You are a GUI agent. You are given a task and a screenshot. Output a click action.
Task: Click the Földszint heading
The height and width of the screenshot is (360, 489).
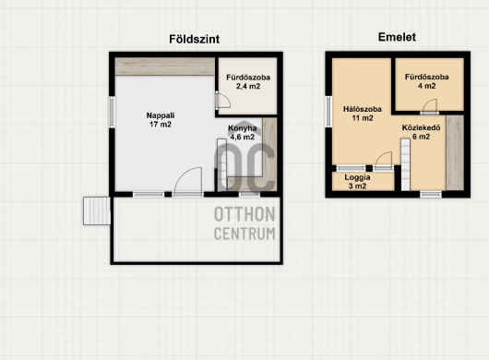[x=195, y=40]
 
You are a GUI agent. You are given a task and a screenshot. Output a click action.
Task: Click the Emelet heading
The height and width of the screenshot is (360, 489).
[x=397, y=37]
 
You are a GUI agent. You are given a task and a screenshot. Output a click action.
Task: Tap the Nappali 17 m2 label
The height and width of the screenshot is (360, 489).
[x=161, y=120]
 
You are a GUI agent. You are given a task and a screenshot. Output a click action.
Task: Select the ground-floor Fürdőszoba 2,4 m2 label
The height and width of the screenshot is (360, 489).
[x=248, y=82]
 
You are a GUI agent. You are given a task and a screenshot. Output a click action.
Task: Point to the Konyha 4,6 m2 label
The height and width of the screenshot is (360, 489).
[x=243, y=133]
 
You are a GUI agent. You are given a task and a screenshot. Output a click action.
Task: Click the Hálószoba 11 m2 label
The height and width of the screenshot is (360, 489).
[x=363, y=114]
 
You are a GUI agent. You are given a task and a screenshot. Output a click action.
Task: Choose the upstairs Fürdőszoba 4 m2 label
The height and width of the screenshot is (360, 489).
[x=426, y=81]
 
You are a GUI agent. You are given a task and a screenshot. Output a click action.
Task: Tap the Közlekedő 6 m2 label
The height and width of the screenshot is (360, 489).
[x=421, y=132]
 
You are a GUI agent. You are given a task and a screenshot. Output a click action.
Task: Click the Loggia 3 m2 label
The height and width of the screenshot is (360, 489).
[x=357, y=182]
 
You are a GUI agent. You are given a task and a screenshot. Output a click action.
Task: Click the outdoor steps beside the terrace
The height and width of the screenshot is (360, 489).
[x=97, y=210]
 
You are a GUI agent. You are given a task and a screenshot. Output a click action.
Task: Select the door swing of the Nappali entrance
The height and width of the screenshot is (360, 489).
[x=187, y=182]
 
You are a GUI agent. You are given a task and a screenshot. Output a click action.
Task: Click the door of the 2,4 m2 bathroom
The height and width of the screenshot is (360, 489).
[x=222, y=101]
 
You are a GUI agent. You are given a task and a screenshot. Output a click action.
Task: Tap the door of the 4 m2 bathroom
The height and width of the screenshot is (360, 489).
[x=429, y=107]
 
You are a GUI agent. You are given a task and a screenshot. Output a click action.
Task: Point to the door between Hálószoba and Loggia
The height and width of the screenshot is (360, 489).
[x=383, y=162]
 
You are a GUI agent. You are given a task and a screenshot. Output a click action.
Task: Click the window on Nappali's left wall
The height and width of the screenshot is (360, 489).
[x=112, y=112]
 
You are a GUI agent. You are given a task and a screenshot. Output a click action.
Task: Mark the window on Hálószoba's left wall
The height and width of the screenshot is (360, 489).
[x=328, y=112]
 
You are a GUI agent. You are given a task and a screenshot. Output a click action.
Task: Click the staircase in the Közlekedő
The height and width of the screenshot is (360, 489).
[x=405, y=164]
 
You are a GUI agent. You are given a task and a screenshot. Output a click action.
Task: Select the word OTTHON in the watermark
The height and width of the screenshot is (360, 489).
[x=244, y=214]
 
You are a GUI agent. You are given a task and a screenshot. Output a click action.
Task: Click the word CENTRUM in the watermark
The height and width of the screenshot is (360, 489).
[x=244, y=234]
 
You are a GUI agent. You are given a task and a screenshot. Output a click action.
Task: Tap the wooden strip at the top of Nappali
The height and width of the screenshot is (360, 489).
[x=165, y=66]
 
